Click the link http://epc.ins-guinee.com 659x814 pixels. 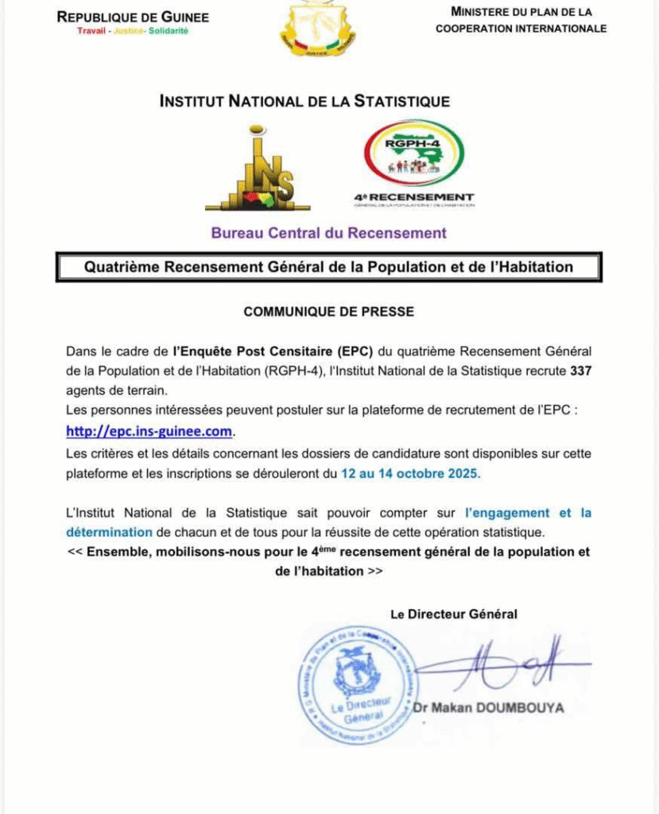[150, 432]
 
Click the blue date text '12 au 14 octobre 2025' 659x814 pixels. [411, 473]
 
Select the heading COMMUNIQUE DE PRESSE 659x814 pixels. [328, 312]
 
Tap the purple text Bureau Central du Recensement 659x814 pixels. [328, 233]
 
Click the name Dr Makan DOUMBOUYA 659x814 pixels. [488, 707]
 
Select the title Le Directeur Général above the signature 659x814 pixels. [454, 614]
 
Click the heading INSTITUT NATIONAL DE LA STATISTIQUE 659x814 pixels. [304, 102]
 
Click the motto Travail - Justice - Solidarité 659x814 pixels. [133, 31]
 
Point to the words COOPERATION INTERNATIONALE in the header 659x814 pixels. [521, 29]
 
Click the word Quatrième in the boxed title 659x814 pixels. [122, 267]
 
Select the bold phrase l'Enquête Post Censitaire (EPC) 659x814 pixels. [273, 351]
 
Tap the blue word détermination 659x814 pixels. [109, 531]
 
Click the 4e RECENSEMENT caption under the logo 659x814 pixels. [414, 197]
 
